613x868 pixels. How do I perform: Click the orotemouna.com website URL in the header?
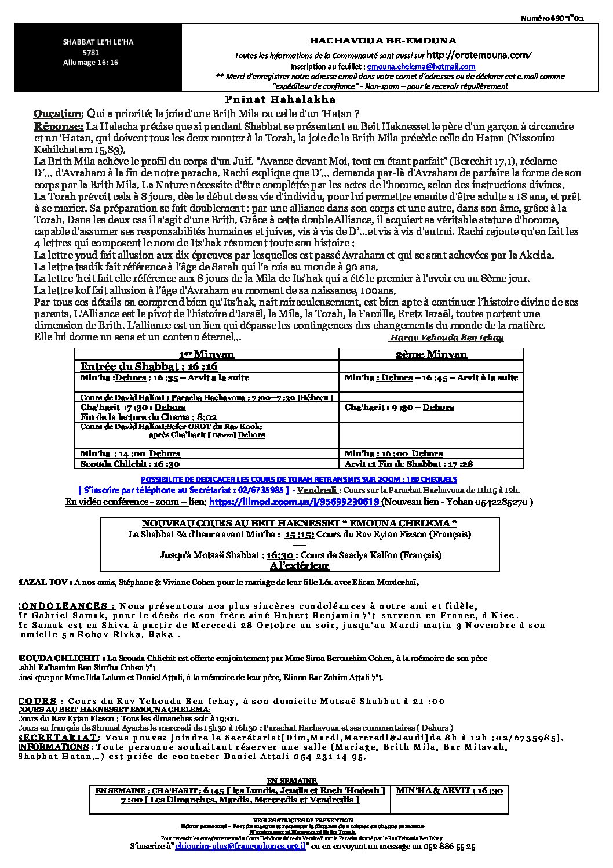point(479,56)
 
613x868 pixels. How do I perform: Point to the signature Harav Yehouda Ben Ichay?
point(447,338)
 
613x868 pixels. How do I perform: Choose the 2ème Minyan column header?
point(431,354)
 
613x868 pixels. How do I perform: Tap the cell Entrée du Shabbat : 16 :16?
point(149,366)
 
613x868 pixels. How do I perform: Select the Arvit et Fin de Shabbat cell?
point(401,464)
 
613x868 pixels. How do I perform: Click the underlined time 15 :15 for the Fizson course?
point(300,534)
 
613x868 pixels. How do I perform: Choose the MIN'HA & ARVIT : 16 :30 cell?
point(449,790)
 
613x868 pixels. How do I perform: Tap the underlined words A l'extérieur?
point(299,565)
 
